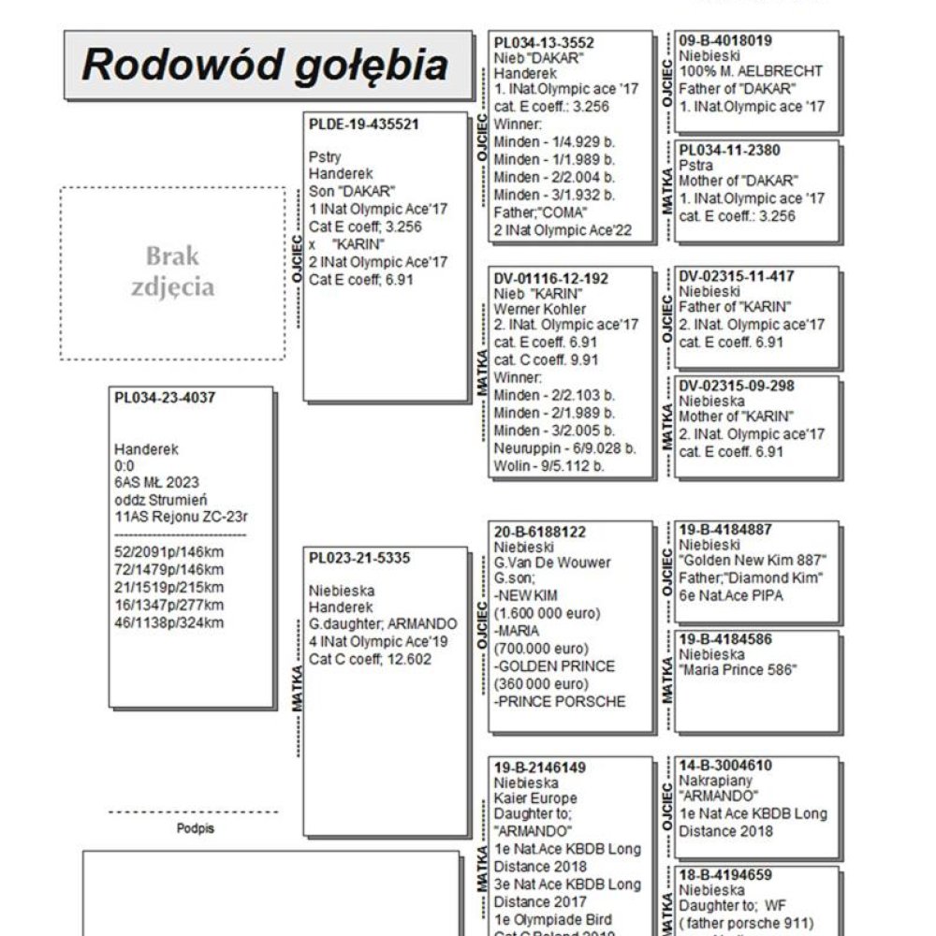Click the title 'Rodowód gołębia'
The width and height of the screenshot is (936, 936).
[265, 66]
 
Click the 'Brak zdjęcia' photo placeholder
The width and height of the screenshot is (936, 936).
[172, 272]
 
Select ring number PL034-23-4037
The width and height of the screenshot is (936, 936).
[165, 397]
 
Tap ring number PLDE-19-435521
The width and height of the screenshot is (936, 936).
[363, 124]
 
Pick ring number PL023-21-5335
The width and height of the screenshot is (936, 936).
[359, 558]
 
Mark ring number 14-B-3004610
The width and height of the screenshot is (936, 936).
[725, 765]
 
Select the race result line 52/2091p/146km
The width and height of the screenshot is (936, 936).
[168, 551]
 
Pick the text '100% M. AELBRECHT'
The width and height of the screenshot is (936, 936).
[751, 71]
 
